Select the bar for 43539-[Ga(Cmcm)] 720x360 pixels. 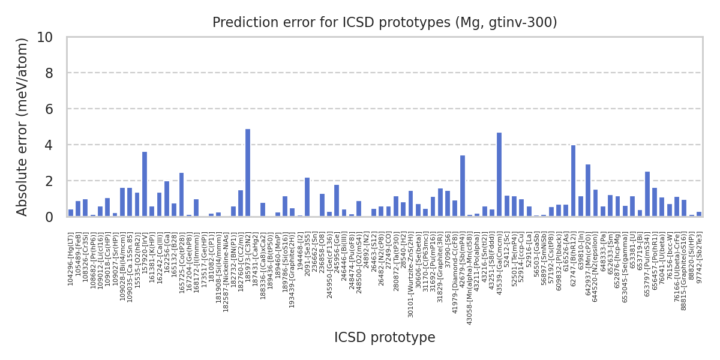[499, 175]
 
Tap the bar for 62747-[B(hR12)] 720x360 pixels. [573, 181]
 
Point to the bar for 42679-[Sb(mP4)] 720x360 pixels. [462, 186]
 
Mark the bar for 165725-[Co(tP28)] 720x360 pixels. [181, 194]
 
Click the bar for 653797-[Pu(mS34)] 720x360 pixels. [647, 194]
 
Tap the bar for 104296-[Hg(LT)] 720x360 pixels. [71, 213]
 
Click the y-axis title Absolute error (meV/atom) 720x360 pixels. [23, 127]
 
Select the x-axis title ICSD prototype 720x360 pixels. [385, 338]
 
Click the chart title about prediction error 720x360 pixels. [385, 23]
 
